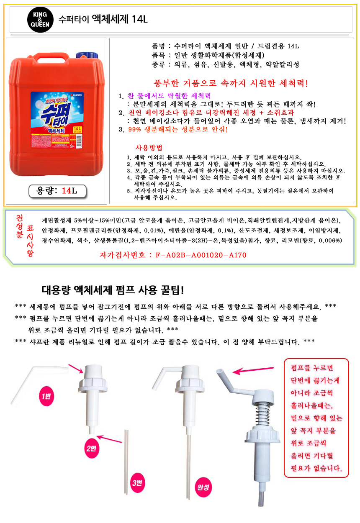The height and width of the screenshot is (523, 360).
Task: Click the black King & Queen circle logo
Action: pos(40,20)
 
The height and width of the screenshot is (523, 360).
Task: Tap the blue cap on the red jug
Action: pos(87,55)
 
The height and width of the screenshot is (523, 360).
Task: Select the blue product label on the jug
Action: pos(57,120)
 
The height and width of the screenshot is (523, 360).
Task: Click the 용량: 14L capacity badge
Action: pos(57,191)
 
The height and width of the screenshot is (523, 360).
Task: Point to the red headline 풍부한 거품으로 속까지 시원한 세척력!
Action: pos(231,83)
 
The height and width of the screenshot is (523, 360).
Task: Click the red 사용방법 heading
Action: pos(149,148)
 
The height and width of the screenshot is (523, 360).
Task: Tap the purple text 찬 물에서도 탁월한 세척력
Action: pos(169,96)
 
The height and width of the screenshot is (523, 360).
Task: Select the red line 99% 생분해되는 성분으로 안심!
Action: pos(177,129)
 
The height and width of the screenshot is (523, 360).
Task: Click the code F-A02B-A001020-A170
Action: pos(201,255)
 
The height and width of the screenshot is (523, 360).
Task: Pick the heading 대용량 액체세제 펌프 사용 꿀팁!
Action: pos(113,290)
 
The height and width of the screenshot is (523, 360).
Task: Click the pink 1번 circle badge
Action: pos(46,396)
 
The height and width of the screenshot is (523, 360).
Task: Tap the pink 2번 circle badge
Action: pos(91,448)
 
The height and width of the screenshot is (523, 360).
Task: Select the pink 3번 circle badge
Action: pos(137,482)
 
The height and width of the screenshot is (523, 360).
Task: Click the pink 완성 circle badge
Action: pos(203,487)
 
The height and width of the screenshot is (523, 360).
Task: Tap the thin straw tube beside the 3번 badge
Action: pos(126,462)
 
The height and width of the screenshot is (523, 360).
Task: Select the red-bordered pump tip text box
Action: pos(316,418)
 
